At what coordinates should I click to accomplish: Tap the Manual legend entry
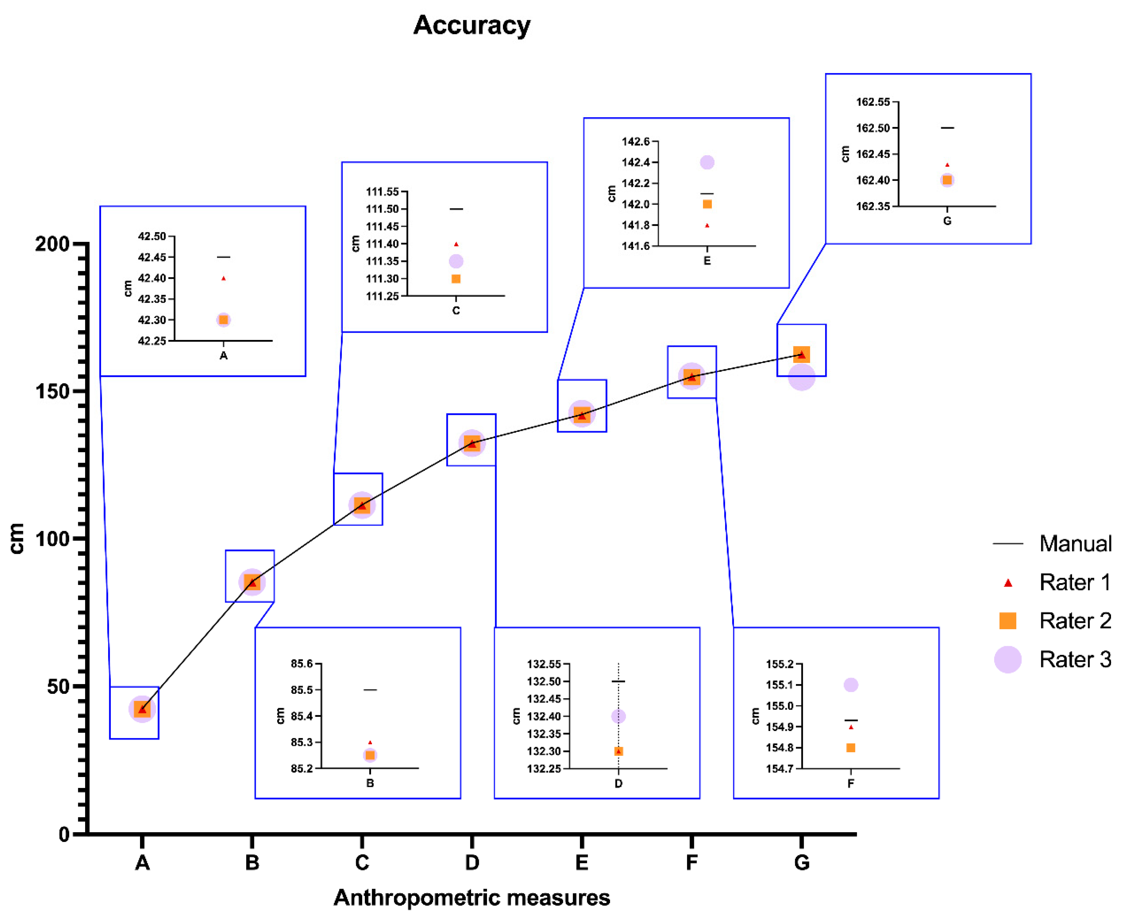[1052, 543]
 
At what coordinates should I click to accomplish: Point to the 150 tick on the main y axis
[52, 391]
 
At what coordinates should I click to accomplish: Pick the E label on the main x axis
[582, 862]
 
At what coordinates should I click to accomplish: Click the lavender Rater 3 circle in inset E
[707, 162]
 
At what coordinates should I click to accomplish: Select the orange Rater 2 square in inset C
[456, 279]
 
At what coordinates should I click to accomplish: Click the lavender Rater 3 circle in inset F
[850, 685]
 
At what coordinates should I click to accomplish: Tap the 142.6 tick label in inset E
[636, 141]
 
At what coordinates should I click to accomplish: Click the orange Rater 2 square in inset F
[850, 748]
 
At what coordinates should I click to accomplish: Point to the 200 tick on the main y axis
[52, 244]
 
